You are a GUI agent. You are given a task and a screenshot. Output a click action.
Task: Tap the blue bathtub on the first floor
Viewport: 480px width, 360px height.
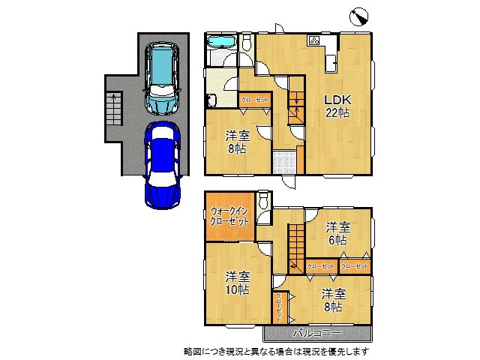tap(220, 43)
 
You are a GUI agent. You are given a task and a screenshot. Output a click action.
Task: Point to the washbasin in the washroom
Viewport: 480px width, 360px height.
tap(211, 100)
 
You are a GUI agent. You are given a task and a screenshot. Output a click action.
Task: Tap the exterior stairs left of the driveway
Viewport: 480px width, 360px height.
tap(113, 109)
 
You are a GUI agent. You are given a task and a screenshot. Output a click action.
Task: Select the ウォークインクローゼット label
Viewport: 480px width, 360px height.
tap(229, 217)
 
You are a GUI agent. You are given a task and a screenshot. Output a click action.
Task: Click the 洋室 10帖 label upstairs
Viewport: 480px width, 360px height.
tap(237, 283)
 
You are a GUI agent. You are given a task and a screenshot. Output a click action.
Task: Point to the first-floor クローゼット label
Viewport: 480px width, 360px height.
tap(255, 100)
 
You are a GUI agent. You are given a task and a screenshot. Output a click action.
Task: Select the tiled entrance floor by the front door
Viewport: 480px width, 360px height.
tap(284, 162)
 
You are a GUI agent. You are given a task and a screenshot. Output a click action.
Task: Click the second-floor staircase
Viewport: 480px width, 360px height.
tap(296, 244)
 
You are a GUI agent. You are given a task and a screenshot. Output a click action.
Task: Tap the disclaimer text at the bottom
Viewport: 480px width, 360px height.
tap(275, 350)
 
